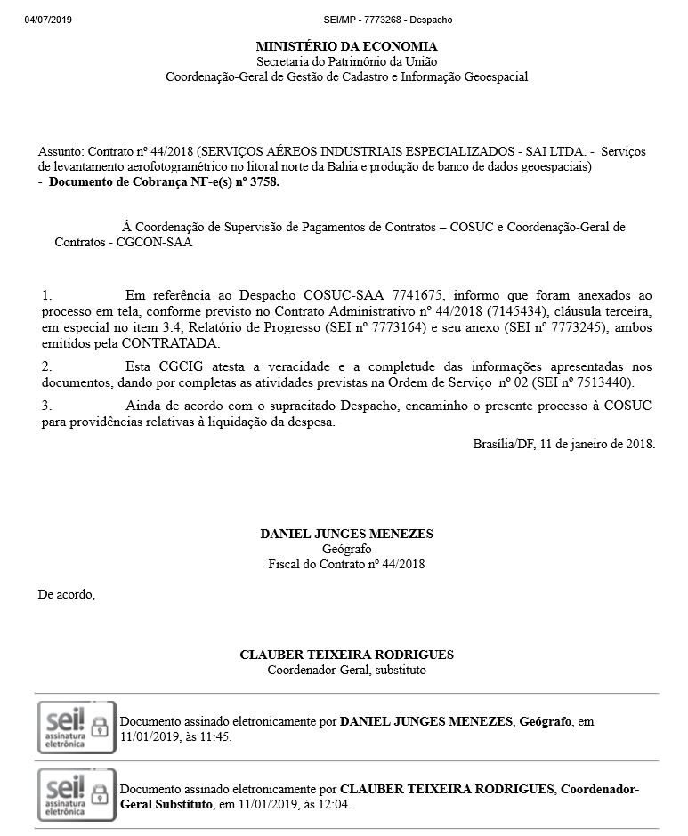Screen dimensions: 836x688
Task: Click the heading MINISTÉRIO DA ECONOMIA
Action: pos(346,46)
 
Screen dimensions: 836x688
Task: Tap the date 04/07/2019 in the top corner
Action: pos(48,20)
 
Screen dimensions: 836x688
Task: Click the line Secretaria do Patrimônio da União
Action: pos(346,61)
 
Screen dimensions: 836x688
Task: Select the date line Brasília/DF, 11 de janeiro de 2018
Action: pos(564,444)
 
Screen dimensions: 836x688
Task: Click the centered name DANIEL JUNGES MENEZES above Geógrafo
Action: pos(346,534)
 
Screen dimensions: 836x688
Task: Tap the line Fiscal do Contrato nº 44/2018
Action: pos(346,564)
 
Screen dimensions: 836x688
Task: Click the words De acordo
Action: pos(66,594)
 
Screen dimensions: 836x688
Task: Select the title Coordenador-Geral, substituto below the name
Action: pos(346,670)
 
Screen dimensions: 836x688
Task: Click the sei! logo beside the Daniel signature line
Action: pos(76,728)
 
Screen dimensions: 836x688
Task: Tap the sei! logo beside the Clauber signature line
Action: pos(76,796)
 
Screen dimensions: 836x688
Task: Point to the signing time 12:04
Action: pos(335,805)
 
